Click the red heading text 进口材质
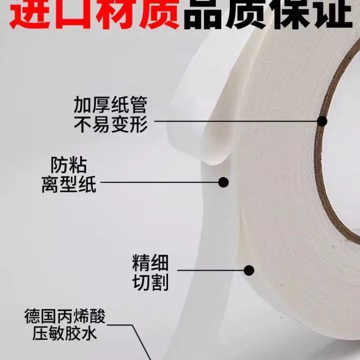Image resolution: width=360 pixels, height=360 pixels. click(x=94, y=14)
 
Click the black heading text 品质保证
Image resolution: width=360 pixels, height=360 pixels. click(x=268, y=14)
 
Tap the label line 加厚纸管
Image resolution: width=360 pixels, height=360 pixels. click(x=110, y=105)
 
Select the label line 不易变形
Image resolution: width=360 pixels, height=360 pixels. click(x=110, y=124)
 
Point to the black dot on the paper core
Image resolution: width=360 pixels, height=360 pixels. click(x=322, y=121)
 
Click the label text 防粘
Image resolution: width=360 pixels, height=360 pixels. click(x=68, y=165)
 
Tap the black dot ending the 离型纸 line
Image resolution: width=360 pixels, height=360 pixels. click(x=223, y=182)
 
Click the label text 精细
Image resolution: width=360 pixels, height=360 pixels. click(x=150, y=263)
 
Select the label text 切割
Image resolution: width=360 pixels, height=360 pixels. click(x=150, y=282)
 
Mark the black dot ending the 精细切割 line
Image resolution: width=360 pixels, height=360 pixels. click(x=249, y=270)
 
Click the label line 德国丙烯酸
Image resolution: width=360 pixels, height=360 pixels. click(x=64, y=316)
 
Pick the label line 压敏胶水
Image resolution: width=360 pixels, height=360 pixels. click(x=64, y=333)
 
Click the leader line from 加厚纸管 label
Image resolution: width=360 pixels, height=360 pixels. click(x=236, y=121)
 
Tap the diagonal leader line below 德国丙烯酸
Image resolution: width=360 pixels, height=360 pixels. click(x=141, y=342)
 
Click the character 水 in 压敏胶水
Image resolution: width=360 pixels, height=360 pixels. click(x=89, y=333)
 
